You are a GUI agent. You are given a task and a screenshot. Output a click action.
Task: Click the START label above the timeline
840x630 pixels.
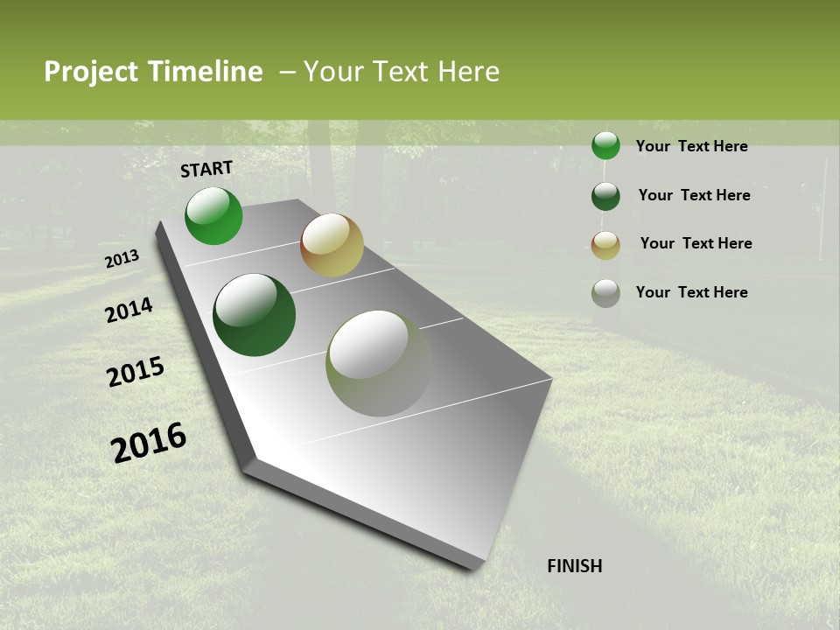pyautogui.click(x=206, y=169)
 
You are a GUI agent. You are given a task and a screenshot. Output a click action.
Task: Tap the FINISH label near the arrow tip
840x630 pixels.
pyautogui.click(x=574, y=566)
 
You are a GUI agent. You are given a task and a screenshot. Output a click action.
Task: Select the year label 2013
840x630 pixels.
pyautogui.click(x=122, y=259)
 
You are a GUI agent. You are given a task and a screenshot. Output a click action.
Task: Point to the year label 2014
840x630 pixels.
pyautogui.click(x=129, y=310)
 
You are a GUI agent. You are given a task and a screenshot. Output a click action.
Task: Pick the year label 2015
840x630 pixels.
pyautogui.click(x=136, y=372)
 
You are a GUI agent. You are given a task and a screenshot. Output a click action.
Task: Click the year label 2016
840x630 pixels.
pyautogui.click(x=149, y=442)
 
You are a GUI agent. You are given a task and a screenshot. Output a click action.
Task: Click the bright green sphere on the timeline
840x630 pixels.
pyautogui.click(x=213, y=215)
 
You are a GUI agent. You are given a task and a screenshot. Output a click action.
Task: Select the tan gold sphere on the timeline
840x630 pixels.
pyautogui.click(x=332, y=245)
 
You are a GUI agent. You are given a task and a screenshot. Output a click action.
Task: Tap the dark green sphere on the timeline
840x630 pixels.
pyautogui.click(x=254, y=315)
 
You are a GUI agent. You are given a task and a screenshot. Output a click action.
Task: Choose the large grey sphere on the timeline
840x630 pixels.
pyautogui.click(x=378, y=363)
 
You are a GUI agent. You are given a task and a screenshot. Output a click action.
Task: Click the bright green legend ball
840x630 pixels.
pyautogui.click(x=605, y=145)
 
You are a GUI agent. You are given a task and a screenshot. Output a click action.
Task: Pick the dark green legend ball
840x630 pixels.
pyautogui.click(x=605, y=196)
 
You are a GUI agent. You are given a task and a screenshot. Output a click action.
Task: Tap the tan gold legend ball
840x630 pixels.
pyautogui.click(x=605, y=245)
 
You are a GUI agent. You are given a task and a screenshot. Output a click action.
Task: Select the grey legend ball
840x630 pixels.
pyautogui.click(x=605, y=293)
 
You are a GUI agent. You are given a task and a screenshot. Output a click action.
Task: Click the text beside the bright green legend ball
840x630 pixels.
pyautogui.click(x=691, y=146)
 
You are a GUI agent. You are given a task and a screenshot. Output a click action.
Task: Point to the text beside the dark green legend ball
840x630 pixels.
pyautogui.click(x=694, y=195)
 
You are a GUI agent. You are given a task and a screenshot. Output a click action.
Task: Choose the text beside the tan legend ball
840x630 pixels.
pyautogui.click(x=696, y=243)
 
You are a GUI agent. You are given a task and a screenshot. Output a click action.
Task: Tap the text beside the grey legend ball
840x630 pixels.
pyautogui.click(x=691, y=292)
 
